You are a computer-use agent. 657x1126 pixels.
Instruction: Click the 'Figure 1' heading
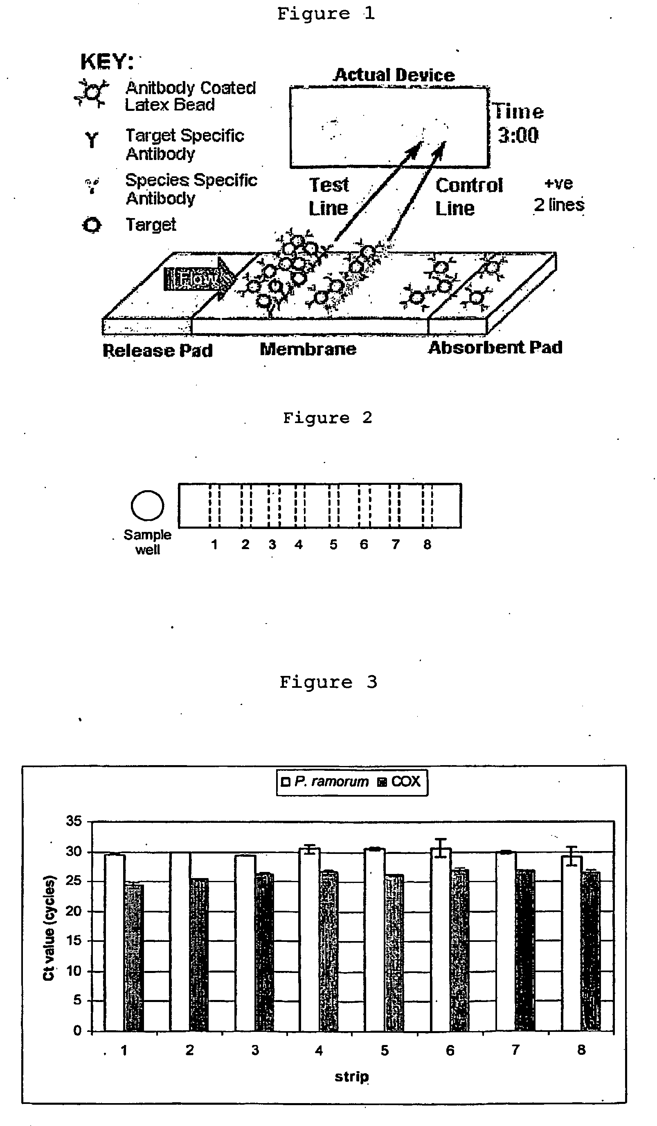tap(326, 14)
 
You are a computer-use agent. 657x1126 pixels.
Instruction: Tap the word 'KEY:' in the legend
tap(107, 61)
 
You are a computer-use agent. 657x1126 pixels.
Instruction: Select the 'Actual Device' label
tap(394, 74)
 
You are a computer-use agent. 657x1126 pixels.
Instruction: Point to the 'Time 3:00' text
tap(518, 123)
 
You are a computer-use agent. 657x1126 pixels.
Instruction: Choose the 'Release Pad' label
tap(157, 350)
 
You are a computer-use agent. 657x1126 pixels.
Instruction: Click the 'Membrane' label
tap(308, 349)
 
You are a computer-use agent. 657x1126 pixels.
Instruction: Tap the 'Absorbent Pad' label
tap(495, 347)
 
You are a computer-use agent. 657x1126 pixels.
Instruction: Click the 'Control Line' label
tap(468, 197)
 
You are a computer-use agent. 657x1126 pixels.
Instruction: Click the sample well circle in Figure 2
tap(147, 505)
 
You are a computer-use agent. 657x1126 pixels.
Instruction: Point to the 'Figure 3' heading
tap(328, 682)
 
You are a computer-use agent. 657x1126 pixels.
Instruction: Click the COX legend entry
tap(400, 781)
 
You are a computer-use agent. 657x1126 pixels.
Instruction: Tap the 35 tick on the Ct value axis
tap(74, 821)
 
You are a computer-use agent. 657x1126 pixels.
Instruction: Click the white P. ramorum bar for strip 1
tap(115, 943)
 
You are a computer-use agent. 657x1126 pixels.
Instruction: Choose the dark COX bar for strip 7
tap(525, 952)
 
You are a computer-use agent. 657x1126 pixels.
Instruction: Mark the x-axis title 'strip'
tap(351, 1076)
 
